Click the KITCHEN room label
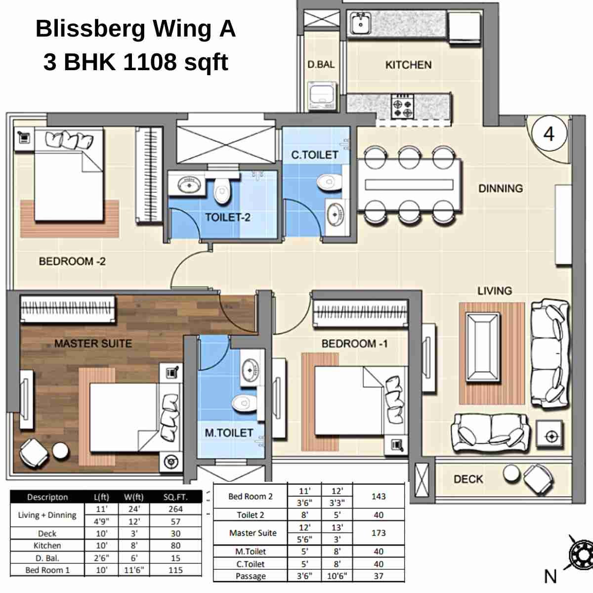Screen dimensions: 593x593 (408, 65)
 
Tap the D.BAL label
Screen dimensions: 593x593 (321, 64)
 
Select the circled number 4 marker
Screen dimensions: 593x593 (549, 134)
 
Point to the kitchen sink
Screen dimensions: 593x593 (361, 23)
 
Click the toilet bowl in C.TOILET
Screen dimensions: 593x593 (328, 182)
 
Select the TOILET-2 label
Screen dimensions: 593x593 (227, 217)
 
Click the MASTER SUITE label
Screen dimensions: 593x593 (93, 343)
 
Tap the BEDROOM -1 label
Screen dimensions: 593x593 (354, 343)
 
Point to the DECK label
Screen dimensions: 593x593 (468, 479)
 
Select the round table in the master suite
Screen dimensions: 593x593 (60, 450)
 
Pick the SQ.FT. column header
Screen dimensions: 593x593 (175, 497)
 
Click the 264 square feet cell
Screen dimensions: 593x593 (175, 509)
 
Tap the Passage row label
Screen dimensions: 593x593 (251, 576)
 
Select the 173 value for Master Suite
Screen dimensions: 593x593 (379, 533)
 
